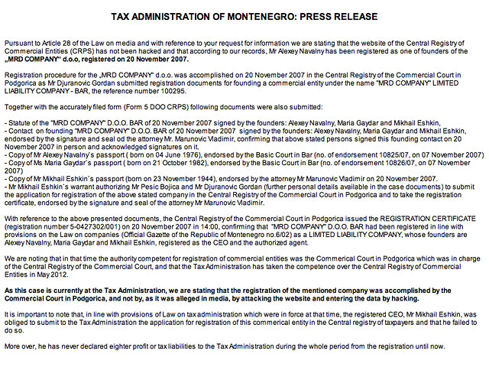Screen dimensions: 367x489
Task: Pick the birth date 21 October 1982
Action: click(x=157, y=163)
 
